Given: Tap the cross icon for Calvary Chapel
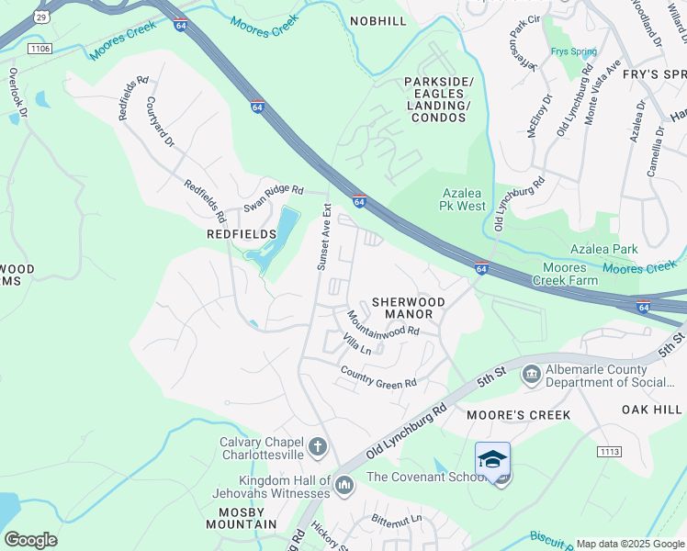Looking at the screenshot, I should (x=317, y=447).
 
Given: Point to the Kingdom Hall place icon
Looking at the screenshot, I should (x=344, y=483).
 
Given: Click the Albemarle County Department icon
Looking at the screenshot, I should (x=531, y=374).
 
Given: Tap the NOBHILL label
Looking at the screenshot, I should (x=378, y=21).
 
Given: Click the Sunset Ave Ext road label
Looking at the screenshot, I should (x=323, y=237).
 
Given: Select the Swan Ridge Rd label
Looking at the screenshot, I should (x=273, y=197).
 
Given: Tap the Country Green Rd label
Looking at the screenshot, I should (x=378, y=377).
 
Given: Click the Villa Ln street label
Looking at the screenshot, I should (x=357, y=345).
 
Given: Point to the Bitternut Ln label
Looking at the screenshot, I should (x=397, y=519).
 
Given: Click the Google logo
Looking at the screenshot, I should (x=30, y=540).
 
